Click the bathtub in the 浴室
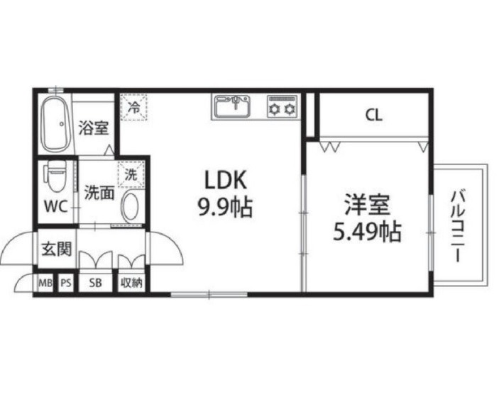click(55, 125)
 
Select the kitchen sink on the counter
click(232, 106)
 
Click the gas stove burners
click(283, 106)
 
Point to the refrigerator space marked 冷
click(133, 107)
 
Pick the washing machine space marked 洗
click(131, 174)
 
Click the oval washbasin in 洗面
click(130, 206)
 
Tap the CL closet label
click(374, 115)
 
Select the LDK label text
click(226, 180)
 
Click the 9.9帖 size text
click(225, 207)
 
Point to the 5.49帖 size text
click(367, 231)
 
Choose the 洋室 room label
click(367, 204)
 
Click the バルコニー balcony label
click(459, 226)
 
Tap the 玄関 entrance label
click(57, 249)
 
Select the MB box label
click(45, 283)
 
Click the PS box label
click(66, 283)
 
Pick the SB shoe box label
click(95, 283)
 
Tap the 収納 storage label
click(131, 283)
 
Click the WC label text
click(55, 206)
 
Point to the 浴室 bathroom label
click(94, 128)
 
